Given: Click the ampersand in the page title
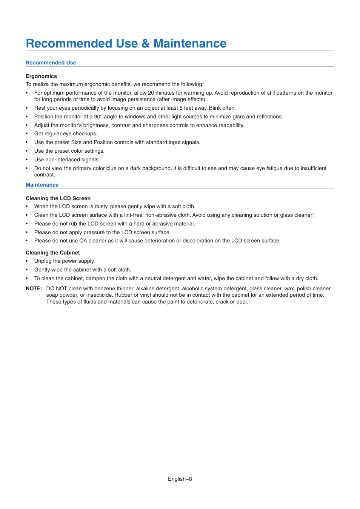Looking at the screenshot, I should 146,44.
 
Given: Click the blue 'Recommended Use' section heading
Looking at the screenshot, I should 51,63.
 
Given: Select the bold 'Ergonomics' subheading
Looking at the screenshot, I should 41,76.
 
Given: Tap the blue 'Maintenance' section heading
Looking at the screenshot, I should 42,185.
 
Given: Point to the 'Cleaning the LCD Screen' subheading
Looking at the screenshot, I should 58,198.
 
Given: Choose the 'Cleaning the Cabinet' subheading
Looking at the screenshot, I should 53,253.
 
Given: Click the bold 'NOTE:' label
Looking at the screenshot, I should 34,288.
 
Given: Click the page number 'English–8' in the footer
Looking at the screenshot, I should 180,479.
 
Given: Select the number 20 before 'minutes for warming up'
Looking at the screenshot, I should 151,93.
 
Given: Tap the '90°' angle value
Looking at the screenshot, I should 98,117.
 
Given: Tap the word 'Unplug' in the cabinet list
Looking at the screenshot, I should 43,261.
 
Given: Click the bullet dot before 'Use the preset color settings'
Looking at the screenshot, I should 27,151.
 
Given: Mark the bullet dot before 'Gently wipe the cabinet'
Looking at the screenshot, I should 27,270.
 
